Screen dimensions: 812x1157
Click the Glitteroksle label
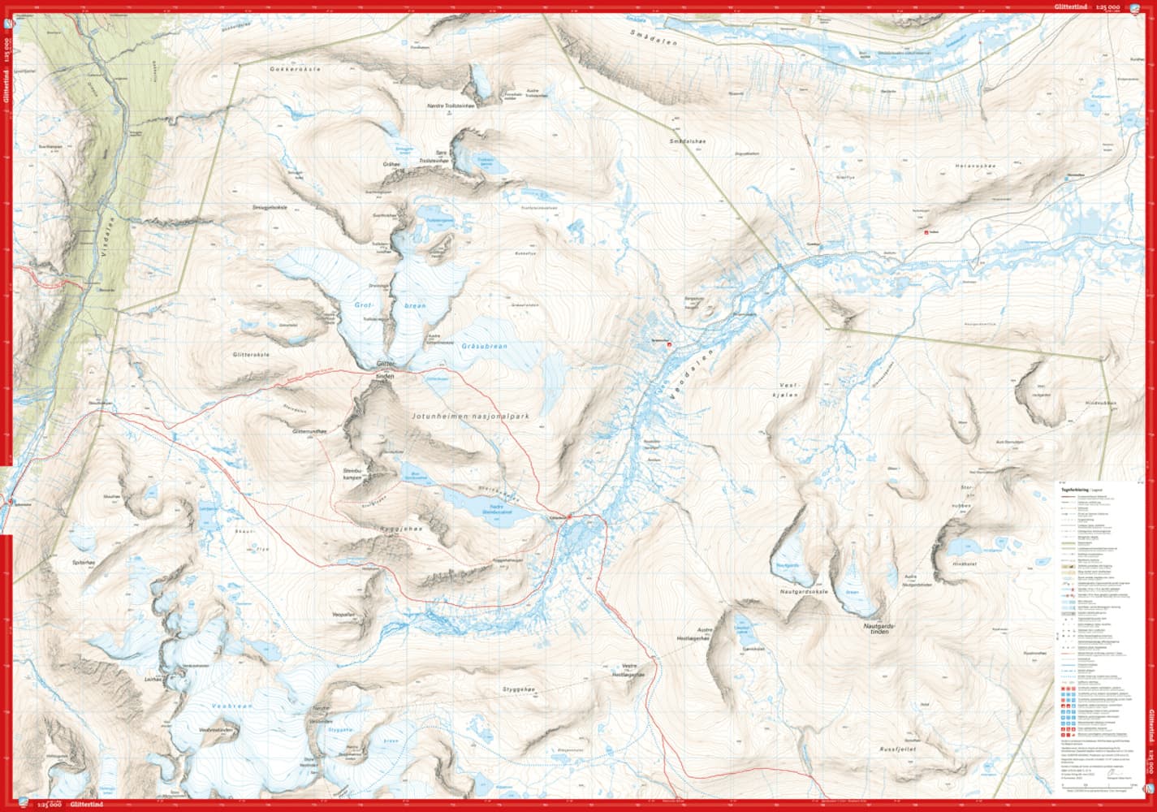tap(250, 355)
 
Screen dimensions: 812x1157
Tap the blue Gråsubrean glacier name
tap(484, 347)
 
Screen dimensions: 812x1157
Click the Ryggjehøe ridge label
tap(395, 528)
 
